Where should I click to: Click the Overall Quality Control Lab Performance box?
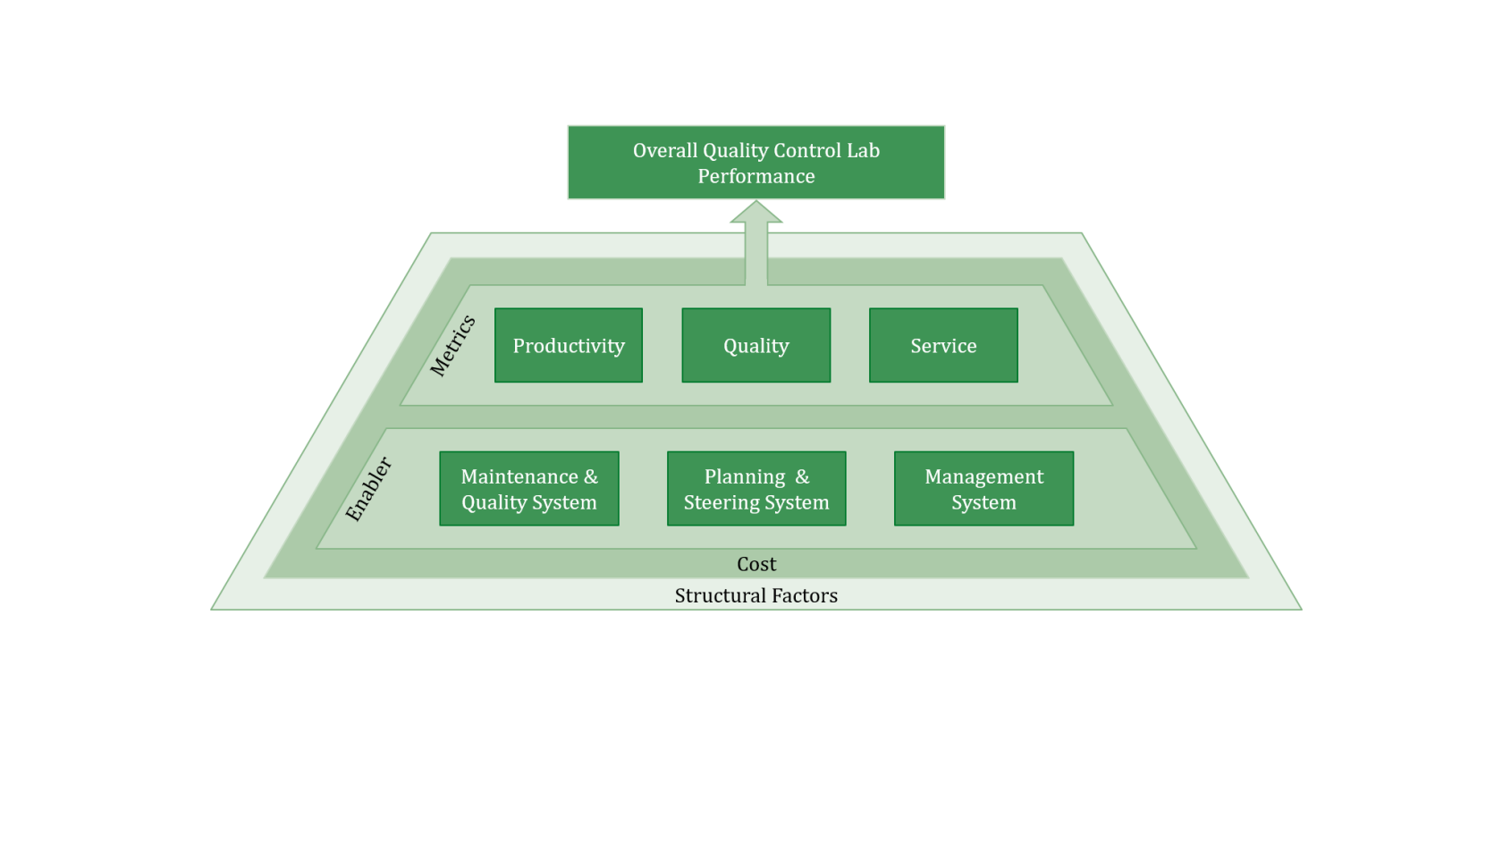755,163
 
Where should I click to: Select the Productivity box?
569,346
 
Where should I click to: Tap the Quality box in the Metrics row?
755,346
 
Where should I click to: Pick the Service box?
943,346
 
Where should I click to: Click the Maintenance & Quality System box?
528,489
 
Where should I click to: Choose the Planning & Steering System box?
756,489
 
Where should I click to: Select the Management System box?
983,489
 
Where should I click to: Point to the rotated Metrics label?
452,345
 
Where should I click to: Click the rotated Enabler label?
368,488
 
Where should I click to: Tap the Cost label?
756,564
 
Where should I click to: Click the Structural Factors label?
756,595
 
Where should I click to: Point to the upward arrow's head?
756,213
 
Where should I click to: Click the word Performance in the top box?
756,176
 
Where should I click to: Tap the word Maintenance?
519,476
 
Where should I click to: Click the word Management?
984,476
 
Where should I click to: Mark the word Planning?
745,476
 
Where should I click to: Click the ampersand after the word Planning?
802,476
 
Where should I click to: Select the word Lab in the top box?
864,150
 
